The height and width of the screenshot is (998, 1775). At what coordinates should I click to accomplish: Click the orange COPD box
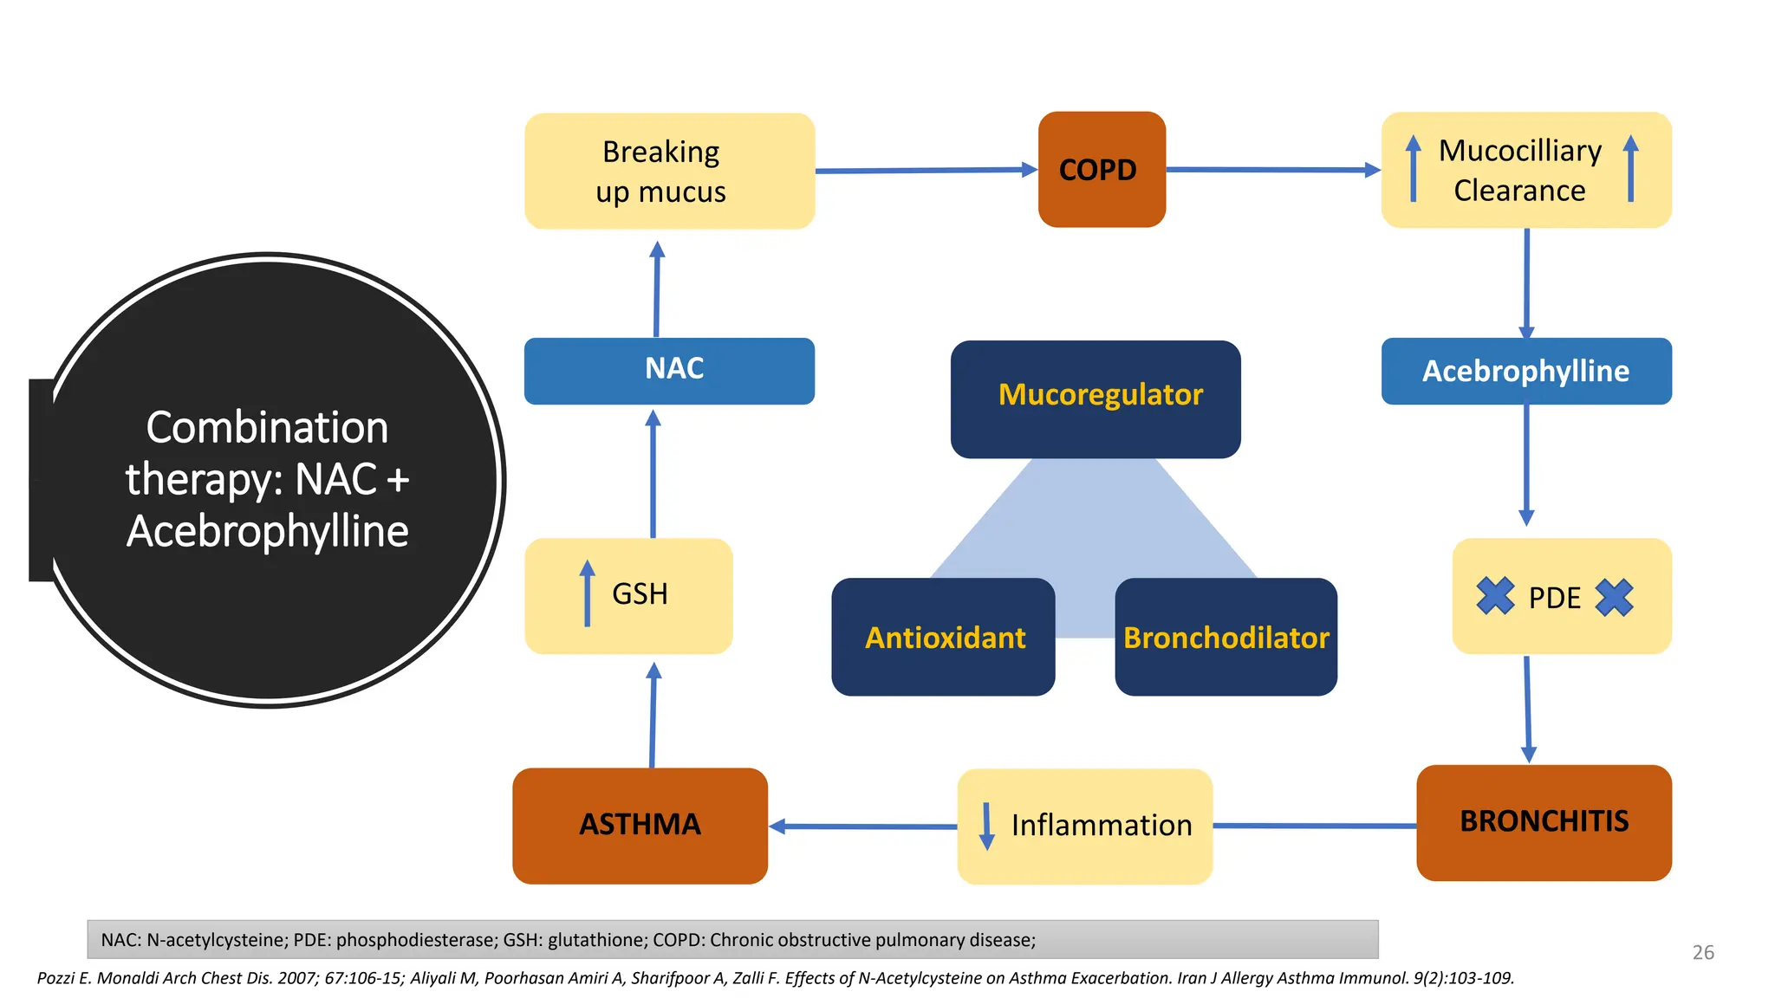(1101, 170)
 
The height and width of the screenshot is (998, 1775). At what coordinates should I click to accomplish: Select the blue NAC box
(669, 371)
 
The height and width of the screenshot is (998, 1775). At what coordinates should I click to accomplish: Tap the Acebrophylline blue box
(1525, 371)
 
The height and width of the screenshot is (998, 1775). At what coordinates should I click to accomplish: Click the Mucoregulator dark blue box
(1096, 399)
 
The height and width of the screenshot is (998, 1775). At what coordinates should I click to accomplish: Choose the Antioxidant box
(943, 638)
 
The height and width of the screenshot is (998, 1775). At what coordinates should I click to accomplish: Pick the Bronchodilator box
(1226, 638)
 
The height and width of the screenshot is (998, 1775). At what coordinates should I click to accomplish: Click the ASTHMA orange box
(640, 825)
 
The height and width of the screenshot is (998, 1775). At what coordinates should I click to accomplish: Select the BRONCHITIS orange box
(1544, 822)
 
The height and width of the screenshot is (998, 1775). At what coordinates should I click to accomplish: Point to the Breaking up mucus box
(669, 171)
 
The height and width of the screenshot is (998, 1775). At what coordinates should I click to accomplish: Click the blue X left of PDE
(1495, 596)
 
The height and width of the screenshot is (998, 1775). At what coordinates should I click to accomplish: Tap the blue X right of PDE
(1614, 597)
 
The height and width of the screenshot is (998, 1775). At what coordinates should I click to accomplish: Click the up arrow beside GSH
(588, 593)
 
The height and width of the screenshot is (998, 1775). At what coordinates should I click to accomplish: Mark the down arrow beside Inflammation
(986, 826)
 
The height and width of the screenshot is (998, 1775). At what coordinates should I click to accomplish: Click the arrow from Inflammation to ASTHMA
(862, 826)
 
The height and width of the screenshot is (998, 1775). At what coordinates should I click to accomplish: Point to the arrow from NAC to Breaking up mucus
(657, 289)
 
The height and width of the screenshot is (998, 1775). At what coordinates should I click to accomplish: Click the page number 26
(1703, 952)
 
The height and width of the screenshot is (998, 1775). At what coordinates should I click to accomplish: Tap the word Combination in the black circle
(267, 428)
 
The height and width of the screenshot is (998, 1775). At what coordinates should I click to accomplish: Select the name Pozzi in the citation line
(55, 978)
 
